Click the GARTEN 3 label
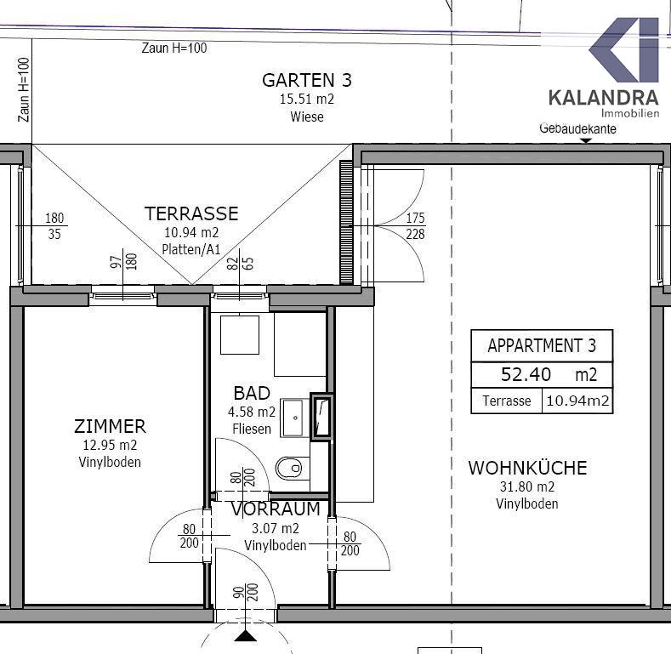(307, 80)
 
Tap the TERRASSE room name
(191, 213)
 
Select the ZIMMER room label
(110, 426)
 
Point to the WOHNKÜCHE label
(527, 468)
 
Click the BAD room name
(252, 393)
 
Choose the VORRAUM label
(276, 509)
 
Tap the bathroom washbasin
(294, 418)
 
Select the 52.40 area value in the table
(526, 374)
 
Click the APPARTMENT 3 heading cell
(542, 345)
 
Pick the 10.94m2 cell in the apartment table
(577, 401)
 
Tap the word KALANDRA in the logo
(603, 98)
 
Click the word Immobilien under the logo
(630, 113)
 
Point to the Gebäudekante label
(577, 128)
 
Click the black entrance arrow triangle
(246, 636)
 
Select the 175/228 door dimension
(415, 226)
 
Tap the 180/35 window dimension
(54, 226)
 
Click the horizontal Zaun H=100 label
(174, 48)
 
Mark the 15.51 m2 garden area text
(307, 99)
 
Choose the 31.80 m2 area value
(527, 486)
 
